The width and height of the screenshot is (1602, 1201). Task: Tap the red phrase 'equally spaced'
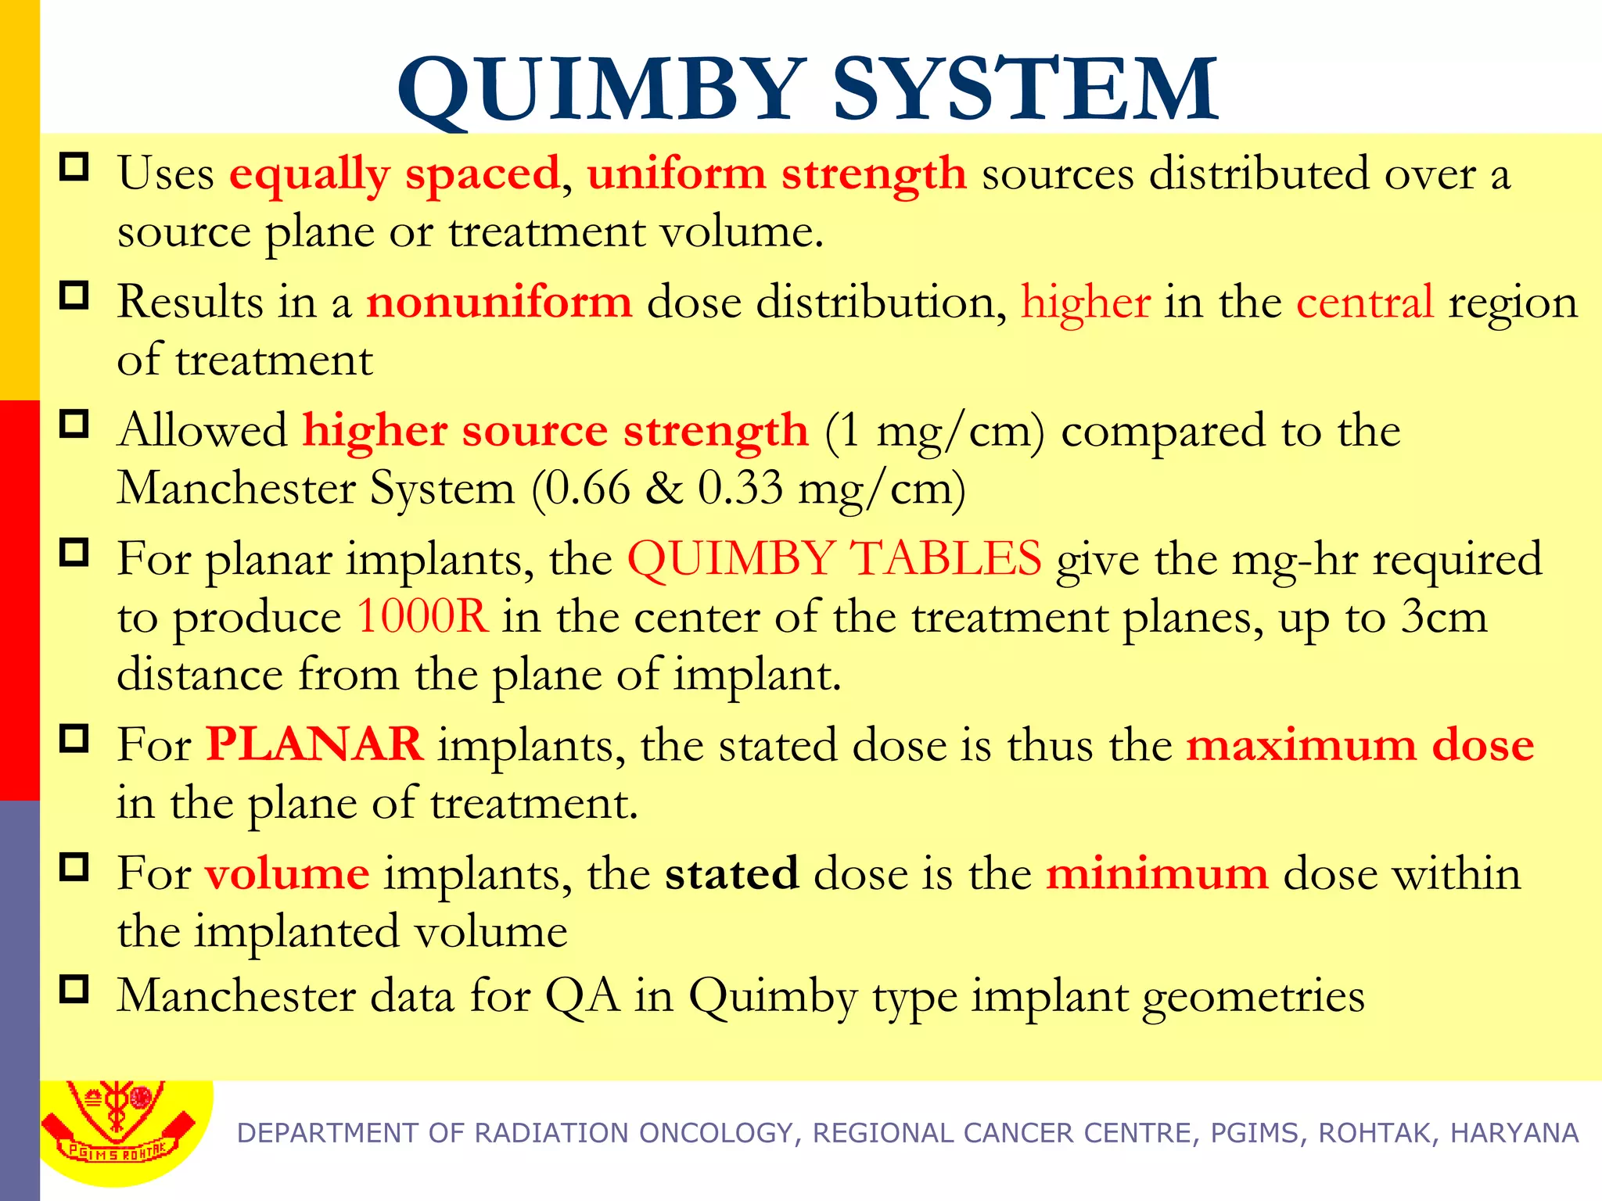point(394,174)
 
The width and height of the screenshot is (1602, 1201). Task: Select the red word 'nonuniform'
point(499,302)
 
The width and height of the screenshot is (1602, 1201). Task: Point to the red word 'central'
point(1365,302)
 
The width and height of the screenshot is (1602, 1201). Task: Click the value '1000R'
point(422,617)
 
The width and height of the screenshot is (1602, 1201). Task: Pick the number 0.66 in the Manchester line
point(587,489)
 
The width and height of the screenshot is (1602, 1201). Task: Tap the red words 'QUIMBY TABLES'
point(834,559)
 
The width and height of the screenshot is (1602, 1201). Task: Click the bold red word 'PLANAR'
point(314,744)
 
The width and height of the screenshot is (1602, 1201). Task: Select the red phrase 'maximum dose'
point(1360,745)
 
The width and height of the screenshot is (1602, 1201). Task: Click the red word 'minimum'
point(1157,873)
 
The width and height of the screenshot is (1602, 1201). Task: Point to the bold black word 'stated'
point(731,873)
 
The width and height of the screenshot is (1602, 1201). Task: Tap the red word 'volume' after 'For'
point(287,873)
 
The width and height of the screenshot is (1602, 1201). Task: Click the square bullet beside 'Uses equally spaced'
point(74,167)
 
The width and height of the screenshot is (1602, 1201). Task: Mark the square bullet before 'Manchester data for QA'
point(74,989)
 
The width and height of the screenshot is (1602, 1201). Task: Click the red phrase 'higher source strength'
point(555,431)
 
